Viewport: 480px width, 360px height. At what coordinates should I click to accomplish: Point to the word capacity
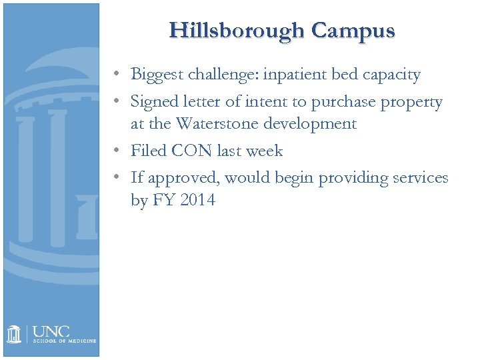pos(391,75)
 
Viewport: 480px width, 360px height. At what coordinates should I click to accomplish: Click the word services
pos(418,179)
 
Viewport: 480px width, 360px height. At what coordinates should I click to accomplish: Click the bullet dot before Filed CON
pos(116,151)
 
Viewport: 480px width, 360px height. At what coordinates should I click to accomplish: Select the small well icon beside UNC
pos(15,334)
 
